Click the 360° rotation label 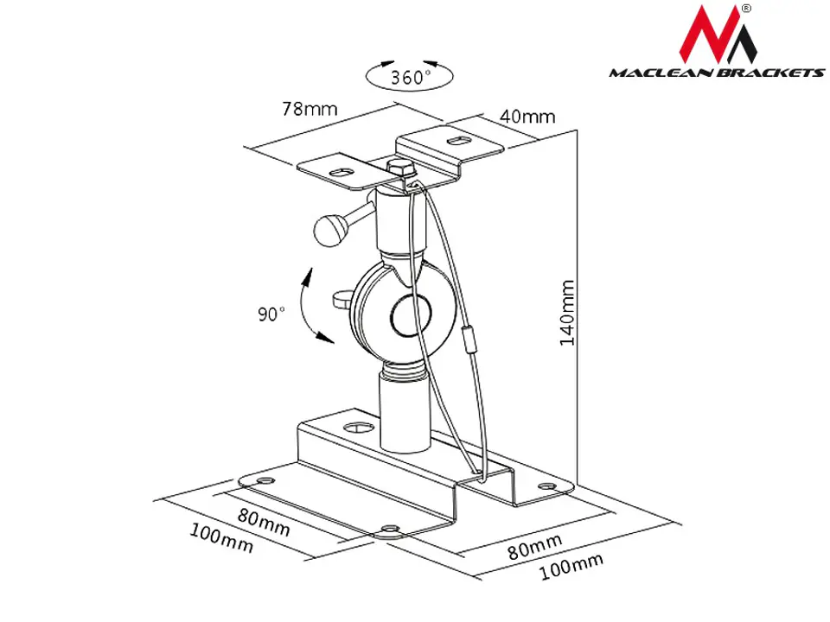(411, 78)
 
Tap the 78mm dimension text (310, 109)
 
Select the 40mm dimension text (527, 117)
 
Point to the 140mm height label (567, 313)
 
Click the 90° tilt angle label (271, 314)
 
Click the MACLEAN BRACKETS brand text (717, 73)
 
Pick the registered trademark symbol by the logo (746, 9)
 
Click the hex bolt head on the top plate (402, 168)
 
